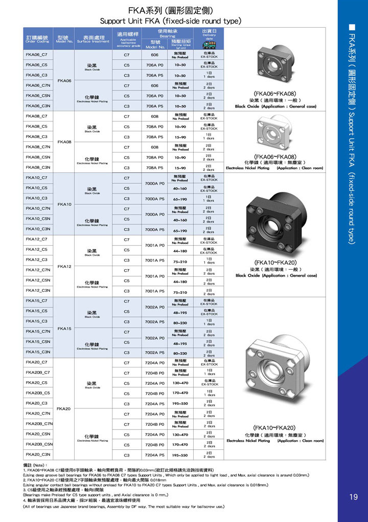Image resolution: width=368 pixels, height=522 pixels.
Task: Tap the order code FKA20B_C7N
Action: click(39, 424)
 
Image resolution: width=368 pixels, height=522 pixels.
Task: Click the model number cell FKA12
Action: click(63, 266)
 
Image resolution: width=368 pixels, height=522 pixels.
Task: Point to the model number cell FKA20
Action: click(63, 408)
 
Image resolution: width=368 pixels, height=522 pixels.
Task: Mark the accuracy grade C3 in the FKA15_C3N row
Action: click(127, 352)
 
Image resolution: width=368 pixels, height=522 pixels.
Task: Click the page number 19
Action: click(354, 497)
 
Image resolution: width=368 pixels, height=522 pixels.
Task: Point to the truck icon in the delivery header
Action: click(209, 45)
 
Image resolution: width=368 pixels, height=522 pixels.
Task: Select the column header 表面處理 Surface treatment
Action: click(93, 39)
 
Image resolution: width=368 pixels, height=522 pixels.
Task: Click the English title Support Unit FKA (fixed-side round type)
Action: click(170, 21)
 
